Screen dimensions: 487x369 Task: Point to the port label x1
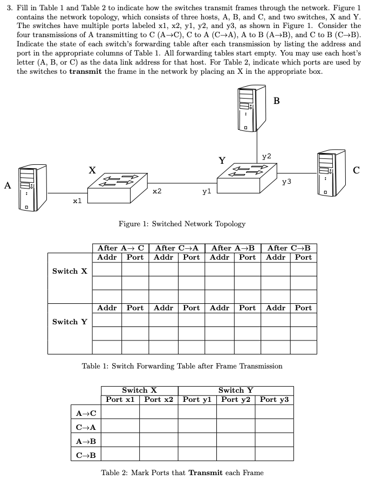click(x=77, y=201)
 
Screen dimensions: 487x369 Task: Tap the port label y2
click(x=266, y=156)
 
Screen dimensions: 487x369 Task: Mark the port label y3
click(x=286, y=182)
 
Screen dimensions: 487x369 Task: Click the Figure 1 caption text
click(x=181, y=224)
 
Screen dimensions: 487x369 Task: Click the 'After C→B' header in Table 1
click(x=289, y=248)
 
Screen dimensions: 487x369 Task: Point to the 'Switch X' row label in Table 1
click(x=70, y=271)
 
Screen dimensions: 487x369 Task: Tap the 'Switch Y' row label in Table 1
click(x=70, y=322)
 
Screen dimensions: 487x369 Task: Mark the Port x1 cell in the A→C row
click(x=120, y=413)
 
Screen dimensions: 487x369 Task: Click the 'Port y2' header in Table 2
click(x=236, y=399)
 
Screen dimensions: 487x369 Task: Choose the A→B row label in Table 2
click(x=86, y=441)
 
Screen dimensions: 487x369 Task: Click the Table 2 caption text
click(x=182, y=473)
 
